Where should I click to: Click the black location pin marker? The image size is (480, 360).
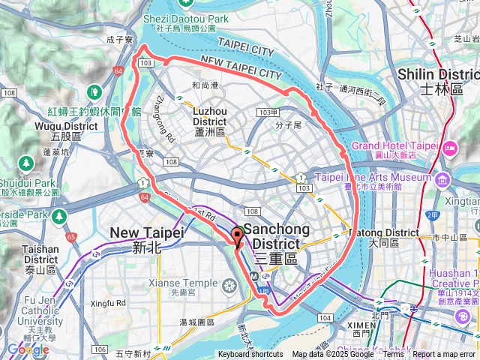[238, 236]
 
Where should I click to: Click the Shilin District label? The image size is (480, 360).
[438, 80]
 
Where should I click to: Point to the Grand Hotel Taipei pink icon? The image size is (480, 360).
[449, 145]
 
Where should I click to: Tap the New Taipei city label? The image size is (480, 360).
[147, 238]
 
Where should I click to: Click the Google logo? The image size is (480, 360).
[28, 349]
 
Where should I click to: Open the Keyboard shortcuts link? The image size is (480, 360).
[250, 355]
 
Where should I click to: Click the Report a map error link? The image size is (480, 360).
[445, 355]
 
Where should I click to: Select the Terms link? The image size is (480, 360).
[393, 355]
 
